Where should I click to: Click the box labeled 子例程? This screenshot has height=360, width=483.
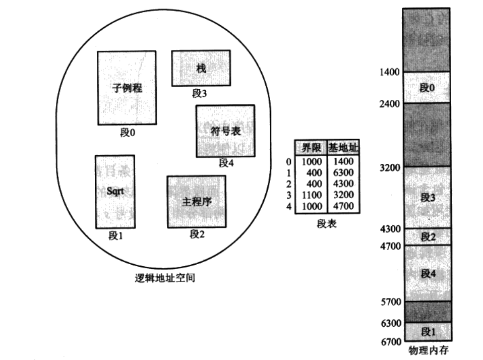[x=127, y=88]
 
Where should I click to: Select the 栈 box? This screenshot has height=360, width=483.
[x=201, y=68]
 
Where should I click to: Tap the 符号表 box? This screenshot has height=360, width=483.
[x=225, y=131]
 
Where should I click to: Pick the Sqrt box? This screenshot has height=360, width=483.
[x=115, y=192]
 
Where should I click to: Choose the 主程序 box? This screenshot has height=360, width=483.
[x=196, y=202]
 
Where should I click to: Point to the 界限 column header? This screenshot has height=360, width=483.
[x=311, y=148]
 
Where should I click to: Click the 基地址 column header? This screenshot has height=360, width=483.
[x=343, y=148]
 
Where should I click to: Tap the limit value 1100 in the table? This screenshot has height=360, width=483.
[x=311, y=195]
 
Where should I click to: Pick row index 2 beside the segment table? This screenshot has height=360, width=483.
[x=289, y=184]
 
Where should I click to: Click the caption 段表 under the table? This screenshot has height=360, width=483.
[x=326, y=224]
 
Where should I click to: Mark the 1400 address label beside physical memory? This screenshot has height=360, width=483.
[x=389, y=72]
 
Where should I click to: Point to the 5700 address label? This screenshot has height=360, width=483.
[x=389, y=302]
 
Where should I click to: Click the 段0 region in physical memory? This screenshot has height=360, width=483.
[x=427, y=88]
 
